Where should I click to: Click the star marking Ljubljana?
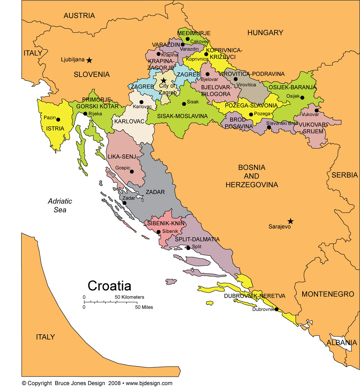click(x=89, y=60)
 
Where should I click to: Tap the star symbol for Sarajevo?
click(x=291, y=221)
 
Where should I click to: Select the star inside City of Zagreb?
click(x=164, y=80)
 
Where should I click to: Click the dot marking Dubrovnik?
click(x=276, y=309)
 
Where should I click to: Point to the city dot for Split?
click(x=188, y=248)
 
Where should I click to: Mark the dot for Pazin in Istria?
click(x=58, y=119)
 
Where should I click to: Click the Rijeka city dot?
click(x=85, y=114)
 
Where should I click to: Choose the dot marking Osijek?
click(x=302, y=97)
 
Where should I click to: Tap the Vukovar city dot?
click(x=316, y=111)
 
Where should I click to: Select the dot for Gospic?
click(x=133, y=172)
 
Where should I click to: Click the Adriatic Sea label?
click(x=60, y=205)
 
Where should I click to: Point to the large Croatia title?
click(x=109, y=286)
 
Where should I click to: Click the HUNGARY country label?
click(x=265, y=33)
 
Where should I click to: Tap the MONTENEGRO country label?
click(x=328, y=294)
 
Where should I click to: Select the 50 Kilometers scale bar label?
click(x=130, y=297)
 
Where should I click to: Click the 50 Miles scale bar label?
click(x=143, y=307)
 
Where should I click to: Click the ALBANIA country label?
click(x=341, y=342)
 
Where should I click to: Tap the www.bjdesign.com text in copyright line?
click(x=149, y=383)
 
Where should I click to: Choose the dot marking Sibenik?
click(x=158, y=232)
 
